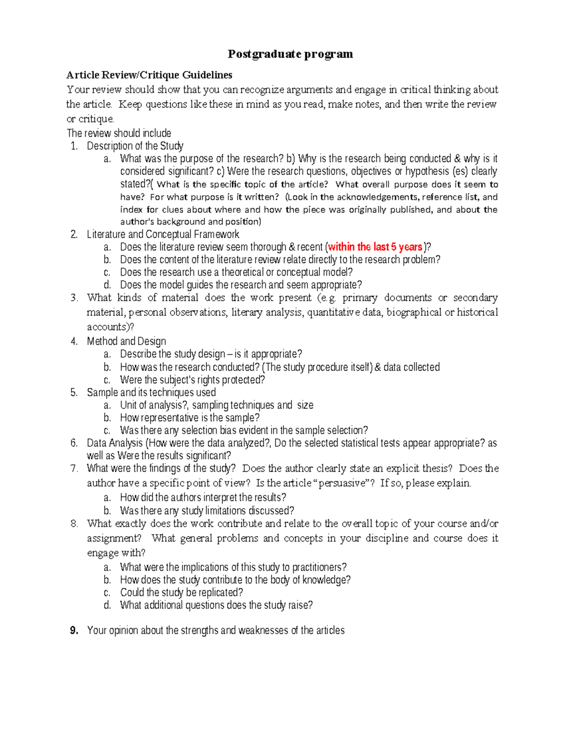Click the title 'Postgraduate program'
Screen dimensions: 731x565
tap(290, 54)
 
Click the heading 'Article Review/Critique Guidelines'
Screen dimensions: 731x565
tap(149, 75)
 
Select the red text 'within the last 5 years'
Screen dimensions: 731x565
tap(375, 247)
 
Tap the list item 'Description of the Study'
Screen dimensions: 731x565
tap(135, 146)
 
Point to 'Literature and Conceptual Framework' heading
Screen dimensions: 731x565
tap(163, 234)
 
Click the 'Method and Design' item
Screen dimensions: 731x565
tap(126, 341)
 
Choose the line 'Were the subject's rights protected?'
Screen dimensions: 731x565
tap(192, 380)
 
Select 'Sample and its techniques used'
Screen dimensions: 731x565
tap(151, 393)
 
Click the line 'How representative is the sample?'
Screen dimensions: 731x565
tap(190, 418)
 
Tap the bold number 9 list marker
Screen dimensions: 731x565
tap(73, 631)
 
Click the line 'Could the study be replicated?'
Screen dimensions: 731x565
tap(181, 593)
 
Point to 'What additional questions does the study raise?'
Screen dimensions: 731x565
tap(216, 605)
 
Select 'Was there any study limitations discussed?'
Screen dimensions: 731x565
tap(207, 511)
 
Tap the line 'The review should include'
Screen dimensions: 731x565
tap(119, 133)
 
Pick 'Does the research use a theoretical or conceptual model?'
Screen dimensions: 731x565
tap(236, 273)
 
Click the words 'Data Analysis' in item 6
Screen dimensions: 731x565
tap(114, 443)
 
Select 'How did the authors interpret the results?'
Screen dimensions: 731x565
tap(203, 498)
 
